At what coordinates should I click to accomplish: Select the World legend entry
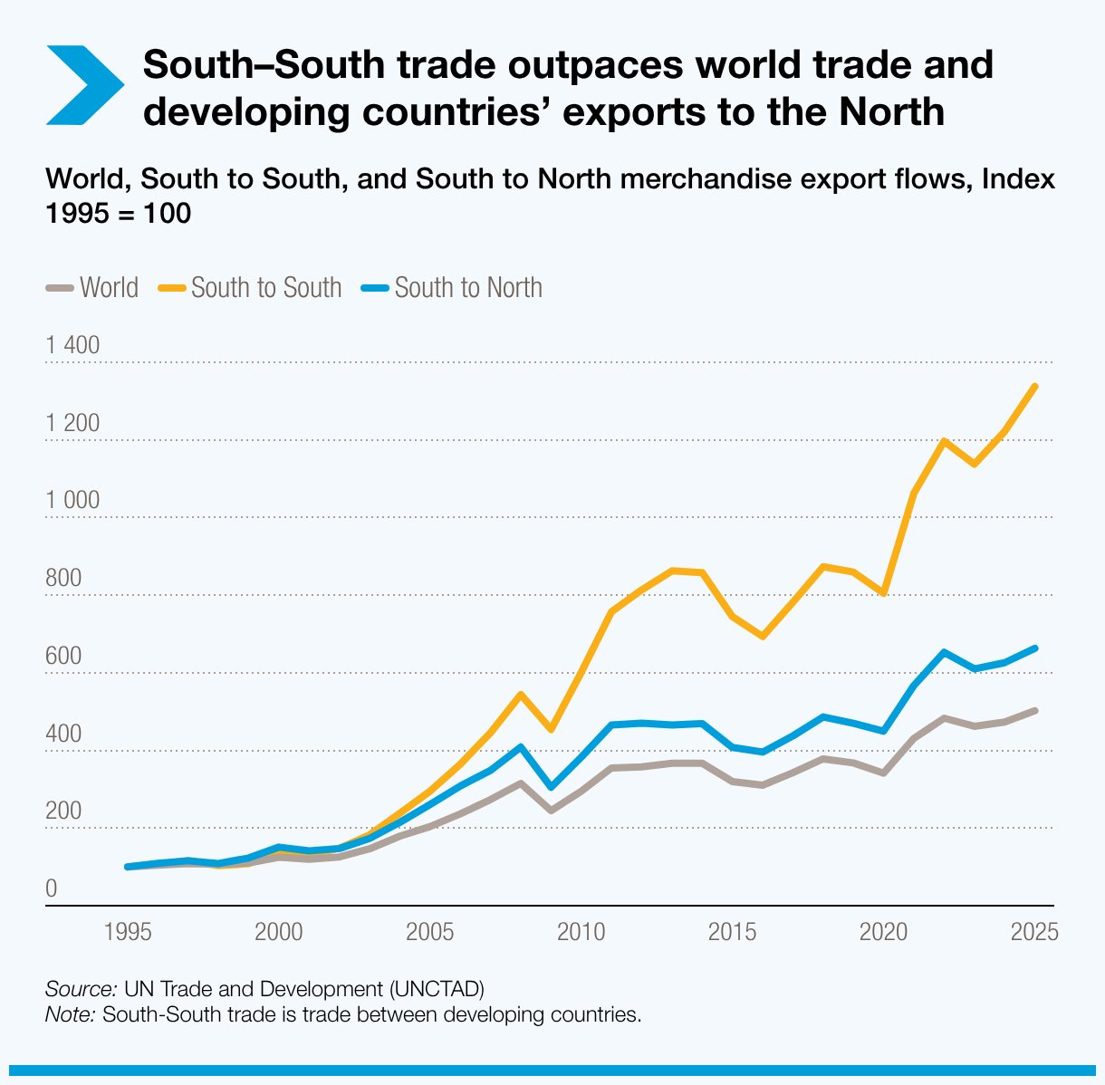pos(92,288)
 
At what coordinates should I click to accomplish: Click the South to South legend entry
pos(251,288)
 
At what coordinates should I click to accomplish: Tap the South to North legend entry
pos(453,288)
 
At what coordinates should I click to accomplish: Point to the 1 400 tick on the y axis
pos(72,345)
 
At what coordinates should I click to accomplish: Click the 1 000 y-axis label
pos(72,501)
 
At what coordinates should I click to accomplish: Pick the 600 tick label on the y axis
pos(62,657)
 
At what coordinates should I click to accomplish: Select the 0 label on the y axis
pos(52,889)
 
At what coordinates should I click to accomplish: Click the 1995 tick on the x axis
pos(128,932)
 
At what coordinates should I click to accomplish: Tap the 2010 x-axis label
pos(581,932)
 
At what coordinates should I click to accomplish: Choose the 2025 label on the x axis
pos(1034,932)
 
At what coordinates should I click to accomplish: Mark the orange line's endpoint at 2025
pos(1035,387)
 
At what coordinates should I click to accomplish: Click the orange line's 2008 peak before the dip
pos(520,695)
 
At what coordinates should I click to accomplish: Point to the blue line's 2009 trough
pos(551,787)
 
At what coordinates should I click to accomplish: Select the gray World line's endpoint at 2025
pos(1035,711)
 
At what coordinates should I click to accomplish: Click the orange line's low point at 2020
pos(884,593)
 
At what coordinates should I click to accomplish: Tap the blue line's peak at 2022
pos(945,652)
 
